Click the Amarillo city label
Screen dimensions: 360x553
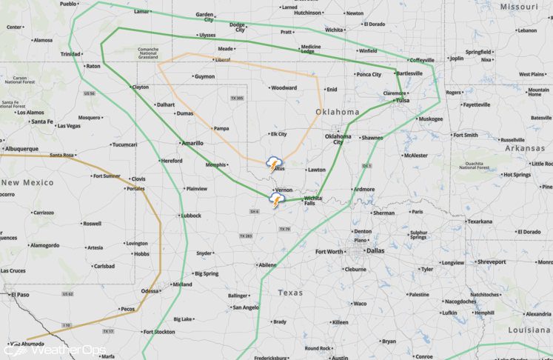pos(192,142)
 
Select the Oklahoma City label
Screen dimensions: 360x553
pos(338,139)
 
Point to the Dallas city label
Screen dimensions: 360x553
pos(375,250)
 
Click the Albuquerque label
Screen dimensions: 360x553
pos(22,148)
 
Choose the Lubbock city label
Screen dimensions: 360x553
pos(190,216)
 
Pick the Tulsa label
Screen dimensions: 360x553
pos(402,100)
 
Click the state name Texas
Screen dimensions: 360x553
pos(290,293)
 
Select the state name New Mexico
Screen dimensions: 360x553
pos(27,182)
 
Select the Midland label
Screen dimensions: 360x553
pos(182,284)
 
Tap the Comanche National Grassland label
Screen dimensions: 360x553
pos(133,53)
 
